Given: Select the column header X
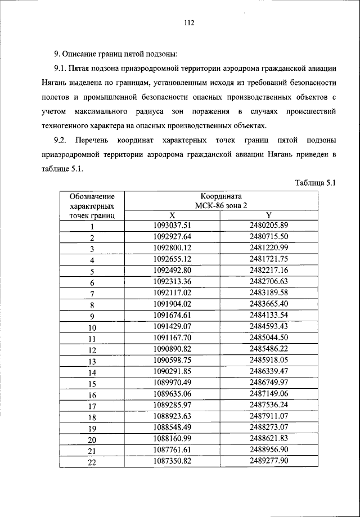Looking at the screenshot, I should click(172, 215).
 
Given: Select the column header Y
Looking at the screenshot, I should click(268, 215).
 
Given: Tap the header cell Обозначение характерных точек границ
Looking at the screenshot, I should click(92, 206).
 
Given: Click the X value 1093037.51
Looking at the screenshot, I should click(172, 225).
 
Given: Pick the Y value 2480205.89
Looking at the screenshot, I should click(268, 225).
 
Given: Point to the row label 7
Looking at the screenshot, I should click(92, 293).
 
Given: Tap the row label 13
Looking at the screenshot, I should click(92, 361).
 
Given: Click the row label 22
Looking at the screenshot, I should click(92, 462).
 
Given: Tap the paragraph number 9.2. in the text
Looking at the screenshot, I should click(62, 140).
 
